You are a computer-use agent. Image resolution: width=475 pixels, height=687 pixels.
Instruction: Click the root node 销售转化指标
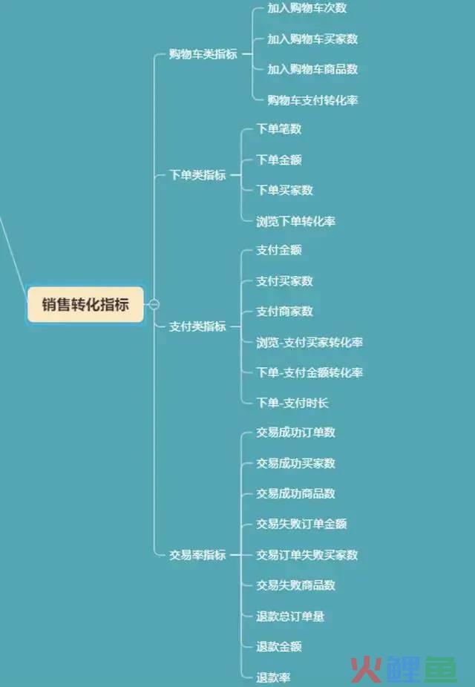(85, 304)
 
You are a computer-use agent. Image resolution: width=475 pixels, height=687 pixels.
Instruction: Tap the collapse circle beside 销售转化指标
(154, 304)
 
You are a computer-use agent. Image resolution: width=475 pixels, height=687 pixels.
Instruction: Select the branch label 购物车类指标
(203, 54)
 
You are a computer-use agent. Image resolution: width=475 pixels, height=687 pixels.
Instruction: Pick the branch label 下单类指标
(197, 175)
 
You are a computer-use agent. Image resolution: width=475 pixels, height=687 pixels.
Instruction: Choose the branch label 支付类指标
(197, 326)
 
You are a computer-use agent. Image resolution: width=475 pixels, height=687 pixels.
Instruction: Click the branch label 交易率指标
(197, 555)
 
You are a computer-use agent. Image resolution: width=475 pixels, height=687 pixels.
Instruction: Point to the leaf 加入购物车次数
(307, 8)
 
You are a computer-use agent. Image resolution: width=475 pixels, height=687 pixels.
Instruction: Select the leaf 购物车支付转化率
(312, 100)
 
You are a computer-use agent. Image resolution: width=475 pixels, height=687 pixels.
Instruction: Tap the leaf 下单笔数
(278, 129)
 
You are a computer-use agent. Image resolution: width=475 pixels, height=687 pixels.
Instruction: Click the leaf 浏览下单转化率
(296, 221)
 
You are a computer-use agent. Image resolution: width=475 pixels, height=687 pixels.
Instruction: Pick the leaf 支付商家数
(284, 312)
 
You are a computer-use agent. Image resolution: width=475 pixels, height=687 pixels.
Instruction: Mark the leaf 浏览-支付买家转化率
(309, 342)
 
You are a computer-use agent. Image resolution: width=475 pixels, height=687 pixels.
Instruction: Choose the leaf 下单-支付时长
(292, 403)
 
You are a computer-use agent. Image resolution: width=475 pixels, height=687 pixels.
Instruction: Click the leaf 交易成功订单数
(296, 433)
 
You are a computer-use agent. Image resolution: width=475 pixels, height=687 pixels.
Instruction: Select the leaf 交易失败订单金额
(301, 524)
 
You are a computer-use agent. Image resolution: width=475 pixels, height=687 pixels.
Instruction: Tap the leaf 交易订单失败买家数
(307, 555)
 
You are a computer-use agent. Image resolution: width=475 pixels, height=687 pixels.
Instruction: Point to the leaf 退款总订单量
(290, 617)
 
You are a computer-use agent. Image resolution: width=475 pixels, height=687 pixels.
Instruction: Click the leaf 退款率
(273, 677)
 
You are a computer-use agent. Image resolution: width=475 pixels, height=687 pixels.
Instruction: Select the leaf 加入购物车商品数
(312, 69)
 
